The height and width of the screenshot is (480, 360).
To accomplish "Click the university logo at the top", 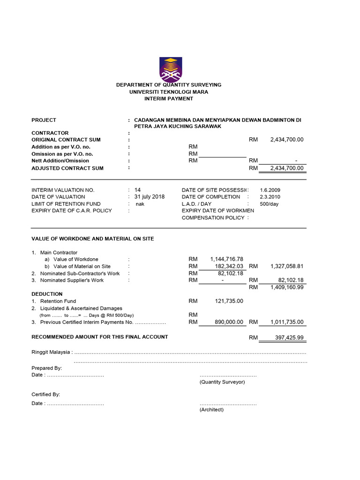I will (x=171, y=69).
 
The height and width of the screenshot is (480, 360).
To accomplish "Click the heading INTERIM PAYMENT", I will (x=169, y=99).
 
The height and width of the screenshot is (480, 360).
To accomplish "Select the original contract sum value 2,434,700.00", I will (x=287, y=140).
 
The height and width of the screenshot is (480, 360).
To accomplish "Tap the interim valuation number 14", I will (x=137, y=190).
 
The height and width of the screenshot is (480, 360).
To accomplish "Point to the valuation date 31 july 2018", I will (x=150, y=197).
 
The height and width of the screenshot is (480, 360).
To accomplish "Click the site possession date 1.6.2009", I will (x=270, y=190).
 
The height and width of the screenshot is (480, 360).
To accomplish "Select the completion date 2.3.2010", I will (x=270, y=197).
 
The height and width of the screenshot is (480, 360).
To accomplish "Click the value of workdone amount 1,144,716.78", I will (x=227, y=259).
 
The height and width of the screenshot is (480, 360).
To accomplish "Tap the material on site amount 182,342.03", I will (x=227, y=266).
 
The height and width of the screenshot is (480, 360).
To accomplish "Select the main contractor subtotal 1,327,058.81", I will (x=287, y=266).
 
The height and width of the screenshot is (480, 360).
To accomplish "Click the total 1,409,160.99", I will (x=287, y=287).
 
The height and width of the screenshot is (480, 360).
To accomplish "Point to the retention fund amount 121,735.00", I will (x=229, y=301).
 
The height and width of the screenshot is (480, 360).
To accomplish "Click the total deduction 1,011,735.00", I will (x=287, y=322).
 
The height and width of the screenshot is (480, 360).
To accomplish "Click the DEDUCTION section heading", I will (x=47, y=294).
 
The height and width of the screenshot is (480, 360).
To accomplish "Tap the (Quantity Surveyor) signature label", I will (x=222, y=382).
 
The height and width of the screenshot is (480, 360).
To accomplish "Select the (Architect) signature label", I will (x=211, y=410).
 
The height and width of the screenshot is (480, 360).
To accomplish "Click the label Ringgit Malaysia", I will (x=51, y=352).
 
